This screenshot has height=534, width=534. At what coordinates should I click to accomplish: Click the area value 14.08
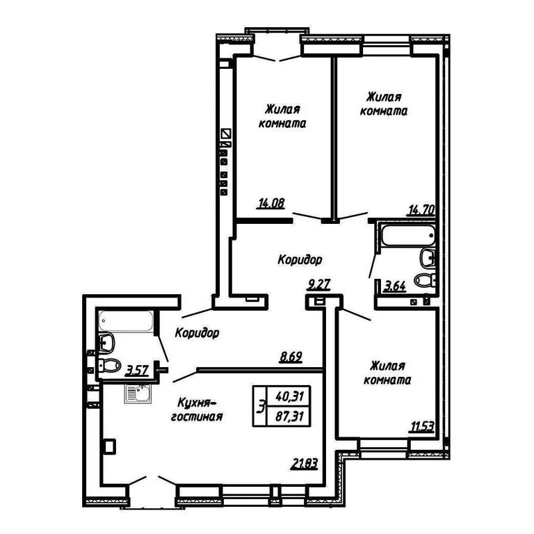269,204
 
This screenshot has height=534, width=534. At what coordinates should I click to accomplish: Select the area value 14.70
422,208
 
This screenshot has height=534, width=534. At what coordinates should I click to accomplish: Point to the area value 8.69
291,358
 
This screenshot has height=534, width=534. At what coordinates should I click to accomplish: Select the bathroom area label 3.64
394,285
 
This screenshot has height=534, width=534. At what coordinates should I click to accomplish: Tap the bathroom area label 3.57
136,369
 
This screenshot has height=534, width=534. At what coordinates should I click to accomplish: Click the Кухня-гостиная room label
200,410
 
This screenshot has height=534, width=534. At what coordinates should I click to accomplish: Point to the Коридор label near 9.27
300,260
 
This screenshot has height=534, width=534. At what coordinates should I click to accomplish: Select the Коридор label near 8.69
197,333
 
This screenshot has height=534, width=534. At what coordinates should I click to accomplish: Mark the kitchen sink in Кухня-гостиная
138,394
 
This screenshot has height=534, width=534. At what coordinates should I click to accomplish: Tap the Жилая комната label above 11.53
387,373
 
